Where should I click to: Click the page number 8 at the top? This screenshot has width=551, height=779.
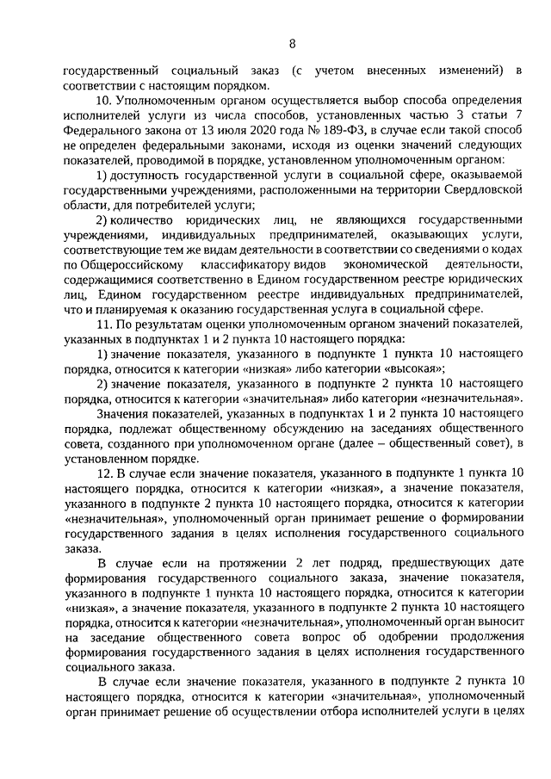[x=292, y=43]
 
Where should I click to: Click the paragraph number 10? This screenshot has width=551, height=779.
[x=102, y=101]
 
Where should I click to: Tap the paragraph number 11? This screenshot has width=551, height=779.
[x=102, y=324]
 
